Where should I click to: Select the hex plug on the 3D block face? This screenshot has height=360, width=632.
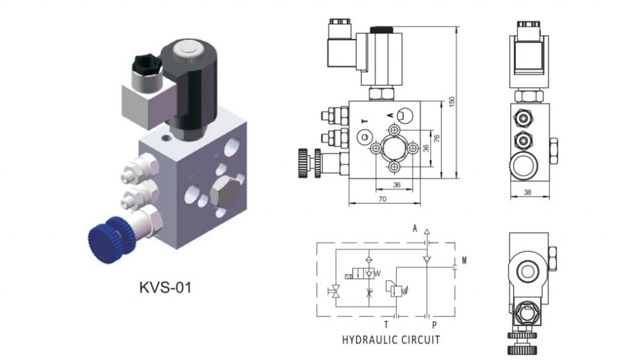224,195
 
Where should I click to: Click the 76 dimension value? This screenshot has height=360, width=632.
437,140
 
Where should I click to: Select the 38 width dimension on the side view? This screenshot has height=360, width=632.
528,193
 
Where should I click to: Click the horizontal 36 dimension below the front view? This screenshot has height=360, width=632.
396,185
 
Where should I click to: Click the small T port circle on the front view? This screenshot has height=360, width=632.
365,136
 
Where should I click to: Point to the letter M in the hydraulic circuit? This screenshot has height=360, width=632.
464,260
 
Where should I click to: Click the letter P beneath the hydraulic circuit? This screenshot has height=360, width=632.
434,324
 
